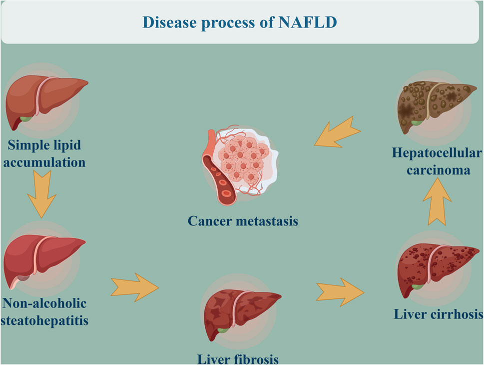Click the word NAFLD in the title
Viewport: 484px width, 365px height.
[308, 22]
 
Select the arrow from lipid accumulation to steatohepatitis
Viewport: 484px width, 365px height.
[41, 194]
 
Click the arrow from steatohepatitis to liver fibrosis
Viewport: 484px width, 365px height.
[134, 287]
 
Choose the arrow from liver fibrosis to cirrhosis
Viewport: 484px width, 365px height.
[340, 292]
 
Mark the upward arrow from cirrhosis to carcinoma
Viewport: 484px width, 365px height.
[437, 201]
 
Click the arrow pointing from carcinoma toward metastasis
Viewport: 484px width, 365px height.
[337, 132]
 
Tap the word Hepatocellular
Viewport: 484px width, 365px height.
[437, 153]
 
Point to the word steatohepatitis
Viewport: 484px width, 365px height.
[44, 321]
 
